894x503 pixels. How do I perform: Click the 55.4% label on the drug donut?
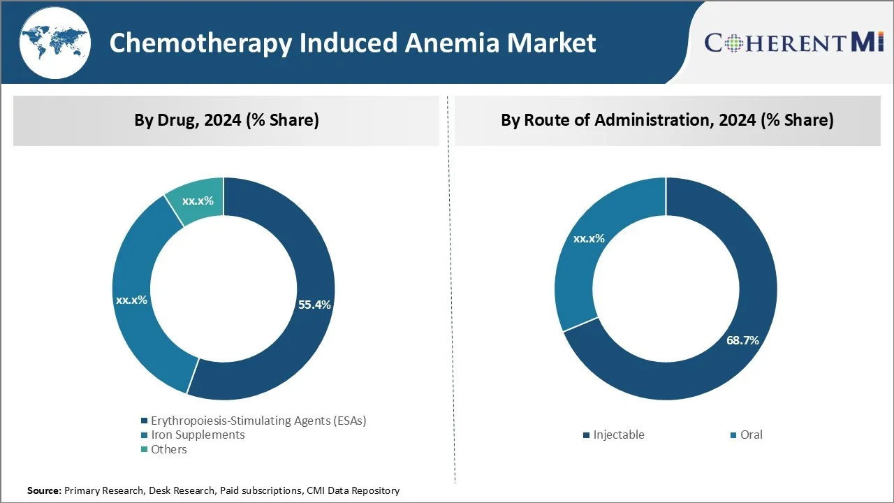point(314,305)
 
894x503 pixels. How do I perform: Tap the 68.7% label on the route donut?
point(742,340)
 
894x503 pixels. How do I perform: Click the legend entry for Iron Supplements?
point(198,435)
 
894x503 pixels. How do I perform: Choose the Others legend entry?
point(169,449)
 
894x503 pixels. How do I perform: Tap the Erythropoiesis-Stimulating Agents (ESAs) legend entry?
point(258,421)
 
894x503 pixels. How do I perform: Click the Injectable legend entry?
point(618,435)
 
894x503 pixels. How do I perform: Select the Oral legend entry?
point(751,435)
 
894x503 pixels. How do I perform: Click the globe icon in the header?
point(54,43)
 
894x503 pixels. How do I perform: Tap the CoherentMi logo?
point(794,43)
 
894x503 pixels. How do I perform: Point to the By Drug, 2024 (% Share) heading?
point(226,120)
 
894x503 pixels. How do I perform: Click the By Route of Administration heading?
point(667,120)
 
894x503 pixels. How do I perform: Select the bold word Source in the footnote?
point(44,491)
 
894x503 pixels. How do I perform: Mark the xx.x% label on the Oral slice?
point(589,238)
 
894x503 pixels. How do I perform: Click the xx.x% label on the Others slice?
point(198,201)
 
